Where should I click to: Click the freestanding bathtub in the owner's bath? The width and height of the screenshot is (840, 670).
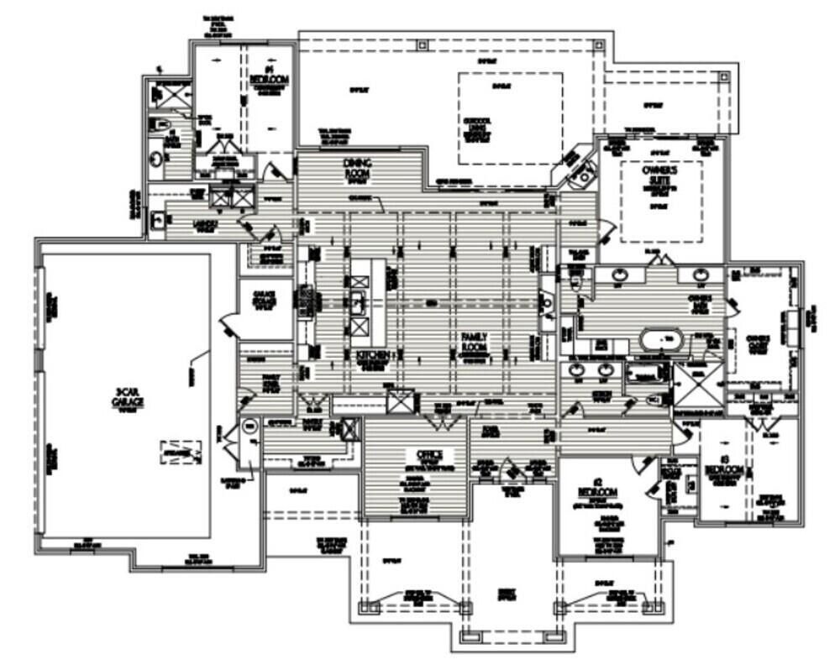click(x=664, y=340)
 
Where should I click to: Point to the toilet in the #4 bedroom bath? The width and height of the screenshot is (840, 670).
click(x=160, y=124)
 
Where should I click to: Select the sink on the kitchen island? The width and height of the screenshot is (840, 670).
click(x=360, y=302)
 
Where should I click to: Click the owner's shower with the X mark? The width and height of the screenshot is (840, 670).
click(x=696, y=385)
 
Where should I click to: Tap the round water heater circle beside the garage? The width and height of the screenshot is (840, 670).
click(x=249, y=427)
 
